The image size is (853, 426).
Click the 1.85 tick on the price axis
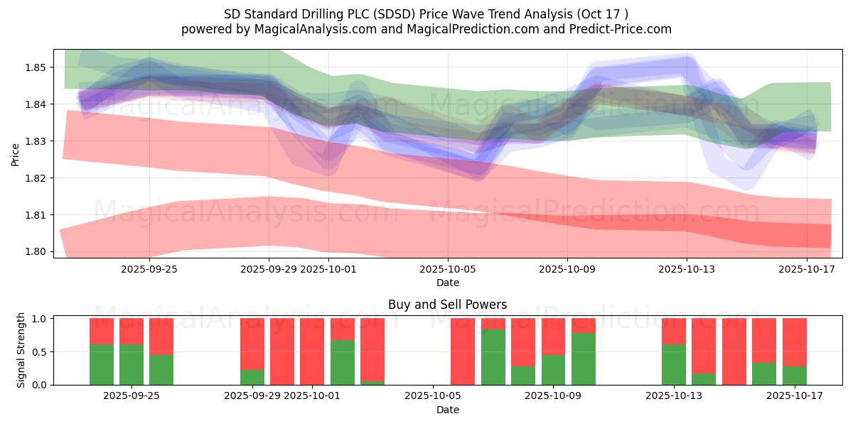tap(36, 67)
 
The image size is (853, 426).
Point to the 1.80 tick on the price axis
tap(36, 251)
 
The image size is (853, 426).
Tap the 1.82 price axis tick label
tap(36, 177)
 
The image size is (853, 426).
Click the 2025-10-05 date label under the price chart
tap(447, 269)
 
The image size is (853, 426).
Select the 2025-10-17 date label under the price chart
tap(806, 269)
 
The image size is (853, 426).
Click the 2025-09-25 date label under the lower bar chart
tap(132, 396)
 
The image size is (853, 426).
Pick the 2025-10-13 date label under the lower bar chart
tap(674, 396)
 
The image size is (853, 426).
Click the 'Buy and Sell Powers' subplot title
tap(447, 305)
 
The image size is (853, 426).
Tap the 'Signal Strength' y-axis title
tap(21, 350)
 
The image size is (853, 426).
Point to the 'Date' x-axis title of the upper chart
tap(447, 283)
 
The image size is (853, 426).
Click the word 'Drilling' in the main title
tap(318, 13)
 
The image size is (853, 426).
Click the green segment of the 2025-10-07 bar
tap(493, 356)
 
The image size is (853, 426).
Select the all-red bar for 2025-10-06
tap(463, 351)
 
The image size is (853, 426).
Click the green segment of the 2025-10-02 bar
tap(343, 362)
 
